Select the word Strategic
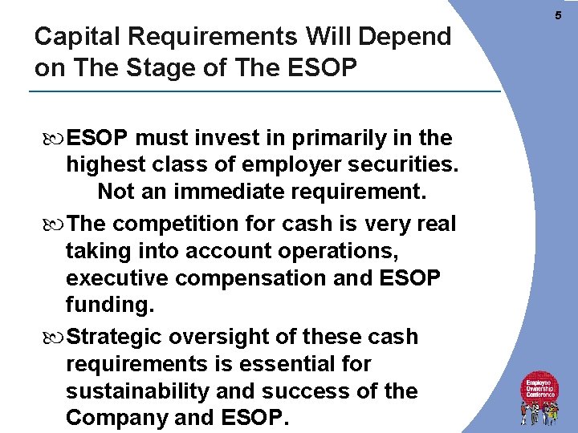point(118,337)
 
